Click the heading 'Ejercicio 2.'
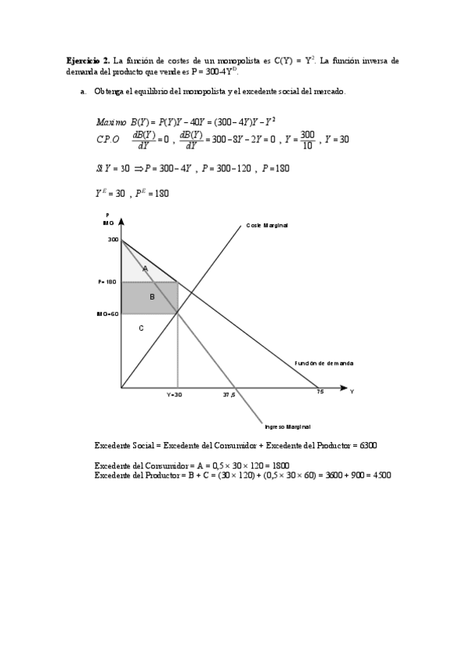[88, 60]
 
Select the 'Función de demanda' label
[324, 363]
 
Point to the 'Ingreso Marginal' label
[288, 427]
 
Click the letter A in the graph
[145, 268]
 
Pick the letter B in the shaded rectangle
[152, 297]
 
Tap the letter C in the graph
[141, 328]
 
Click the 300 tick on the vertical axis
[113, 240]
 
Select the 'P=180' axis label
[107, 282]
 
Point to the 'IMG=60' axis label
[107, 314]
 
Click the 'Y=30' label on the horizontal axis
[174, 395]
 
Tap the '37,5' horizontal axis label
[229, 395]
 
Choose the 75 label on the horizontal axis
[320, 392]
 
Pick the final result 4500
[379, 475]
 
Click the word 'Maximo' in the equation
[111, 122]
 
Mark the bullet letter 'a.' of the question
[82, 92]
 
